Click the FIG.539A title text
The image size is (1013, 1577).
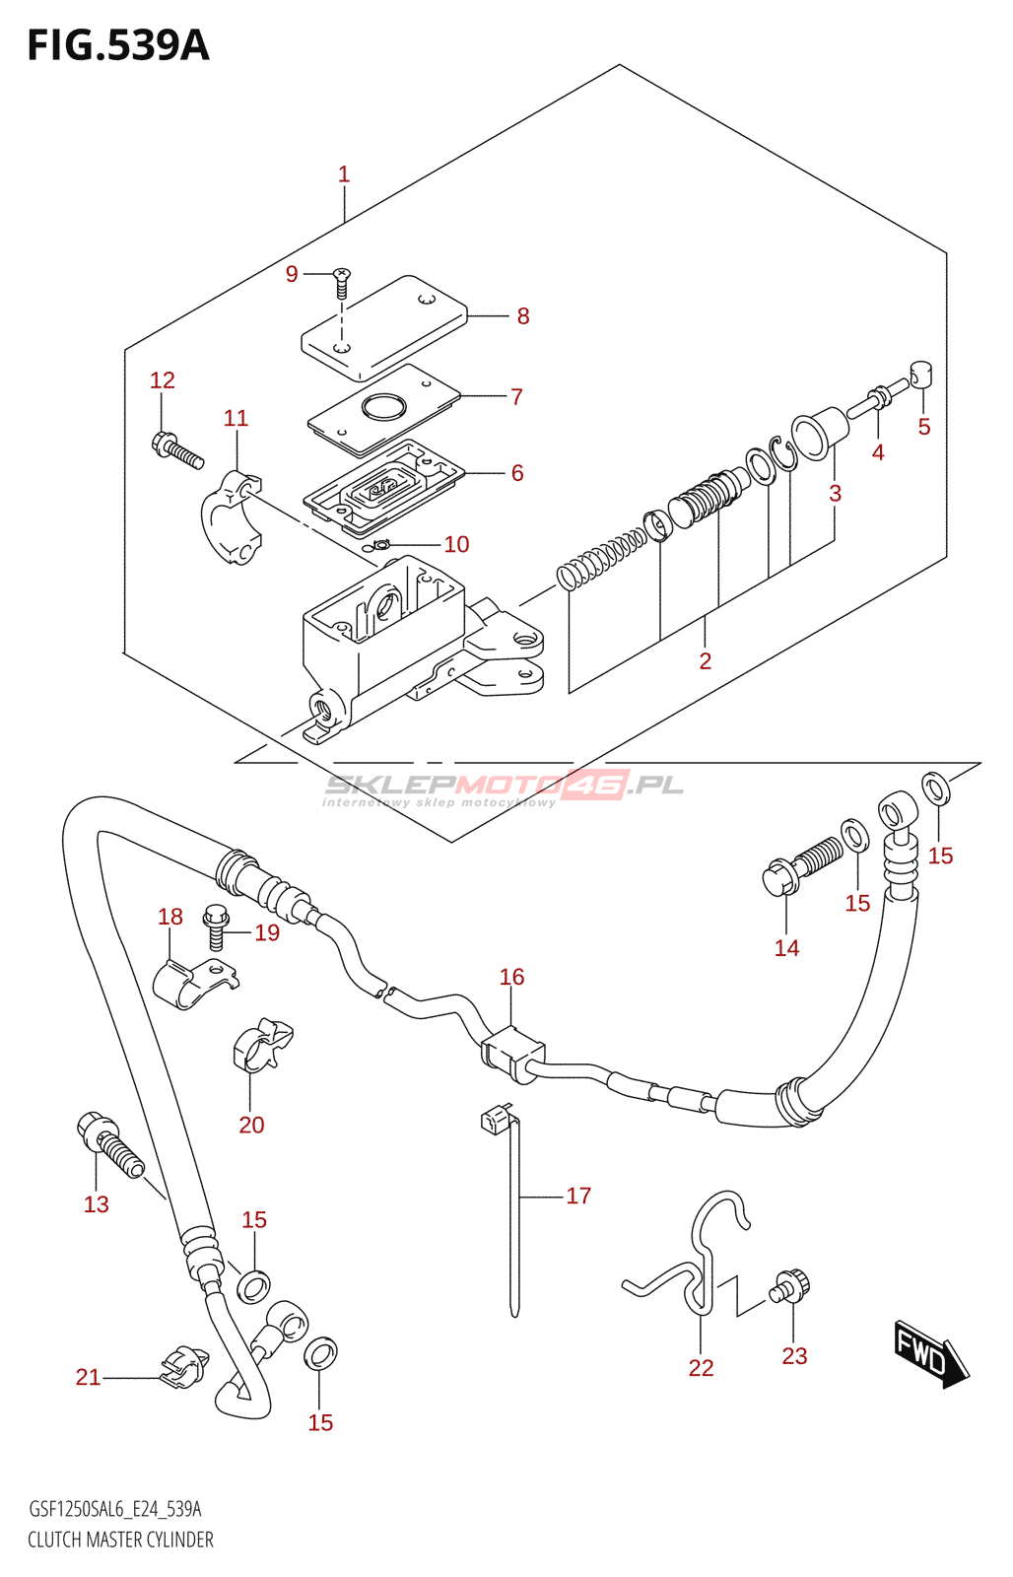pyautogui.click(x=118, y=46)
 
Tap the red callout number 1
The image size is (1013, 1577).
pyautogui.click(x=344, y=173)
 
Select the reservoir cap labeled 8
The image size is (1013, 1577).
pyautogui.click(x=384, y=326)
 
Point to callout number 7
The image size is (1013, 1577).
pyautogui.click(x=516, y=397)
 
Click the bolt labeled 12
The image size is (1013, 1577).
pyautogui.click(x=177, y=451)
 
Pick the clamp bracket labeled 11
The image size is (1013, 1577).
pyautogui.click(x=233, y=518)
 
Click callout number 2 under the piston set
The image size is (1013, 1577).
pyautogui.click(x=706, y=660)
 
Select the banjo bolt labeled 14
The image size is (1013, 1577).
pyautogui.click(x=802, y=868)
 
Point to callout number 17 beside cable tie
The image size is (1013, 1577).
pyautogui.click(x=578, y=1195)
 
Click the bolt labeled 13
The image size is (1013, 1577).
pyautogui.click(x=109, y=1144)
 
